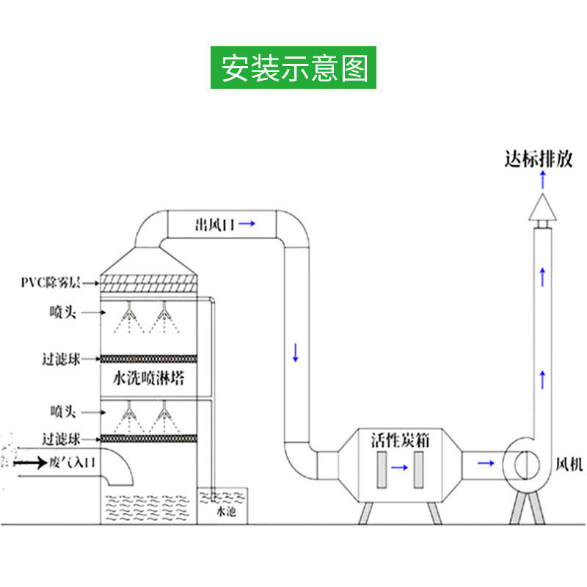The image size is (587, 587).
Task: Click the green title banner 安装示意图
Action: click(293, 68)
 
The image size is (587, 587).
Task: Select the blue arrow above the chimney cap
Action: click(542, 179)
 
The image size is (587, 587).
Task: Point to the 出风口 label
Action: click(214, 225)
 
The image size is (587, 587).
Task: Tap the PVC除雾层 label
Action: click(51, 282)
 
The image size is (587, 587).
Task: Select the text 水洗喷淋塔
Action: click(149, 379)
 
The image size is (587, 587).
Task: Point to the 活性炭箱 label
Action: click(397, 441)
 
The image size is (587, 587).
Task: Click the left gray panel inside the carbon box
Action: click(382, 470)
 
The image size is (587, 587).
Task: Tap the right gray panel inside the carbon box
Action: click(418, 470)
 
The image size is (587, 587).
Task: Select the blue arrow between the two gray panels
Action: click(400, 466)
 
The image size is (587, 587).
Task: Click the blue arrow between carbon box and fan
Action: click(485, 462)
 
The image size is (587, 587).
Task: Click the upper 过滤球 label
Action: click(60, 360)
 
